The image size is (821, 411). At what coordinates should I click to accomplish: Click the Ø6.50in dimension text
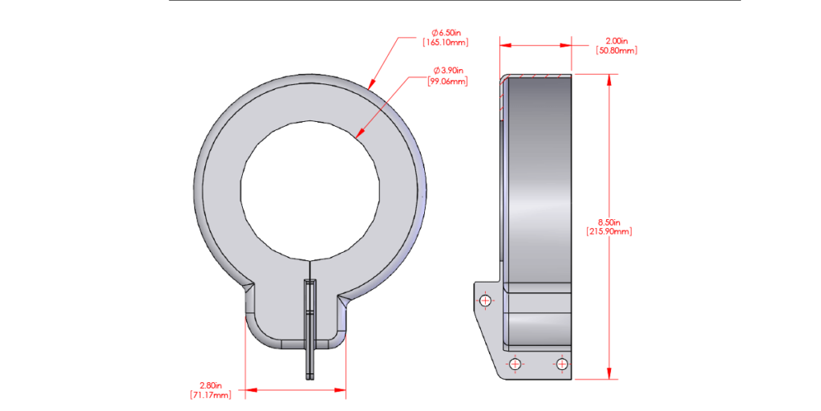pyautogui.click(x=445, y=33)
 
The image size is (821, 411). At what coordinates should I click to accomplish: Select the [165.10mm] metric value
pyautogui.click(x=445, y=43)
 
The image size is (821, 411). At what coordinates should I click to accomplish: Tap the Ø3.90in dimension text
pyautogui.click(x=445, y=71)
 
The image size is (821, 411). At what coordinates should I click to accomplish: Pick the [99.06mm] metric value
pyautogui.click(x=445, y=81)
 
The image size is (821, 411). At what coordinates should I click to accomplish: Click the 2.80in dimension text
pyautogui.click(x=211, y=385)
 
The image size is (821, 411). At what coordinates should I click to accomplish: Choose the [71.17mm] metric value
pyautogui.click(x=211, y=395)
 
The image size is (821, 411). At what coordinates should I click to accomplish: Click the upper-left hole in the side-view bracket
pyautogui.click(x=484, y=300)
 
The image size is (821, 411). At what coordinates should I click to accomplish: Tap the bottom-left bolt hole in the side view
pyautogui.click(x=516, y=364)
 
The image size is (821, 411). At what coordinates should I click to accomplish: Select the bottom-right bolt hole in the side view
pyautogui.click(x=561, y=364)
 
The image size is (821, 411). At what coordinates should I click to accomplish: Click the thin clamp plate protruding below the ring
pyautogui.click(x=310, y=337)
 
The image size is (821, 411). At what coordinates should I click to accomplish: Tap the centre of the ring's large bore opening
pyautogui.click(x=310, y=190)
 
